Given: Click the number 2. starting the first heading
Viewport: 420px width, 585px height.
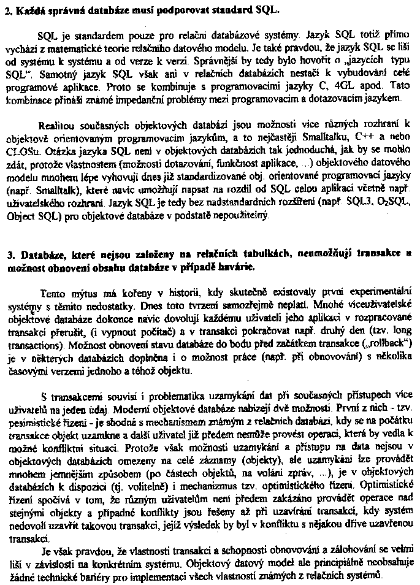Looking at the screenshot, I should [x=8, y=11].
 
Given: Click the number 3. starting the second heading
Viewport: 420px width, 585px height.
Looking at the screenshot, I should [x=8, y=253].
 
